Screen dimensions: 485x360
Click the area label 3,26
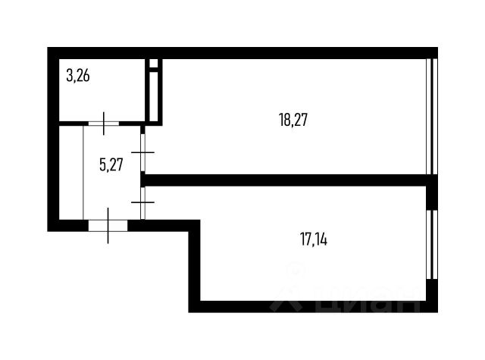(x=78, y=76)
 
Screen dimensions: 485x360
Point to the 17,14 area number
(x=313, y=240)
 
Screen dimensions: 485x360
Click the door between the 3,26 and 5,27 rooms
(x=103, y=121)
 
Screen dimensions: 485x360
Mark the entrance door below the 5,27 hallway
(x=108, y=224)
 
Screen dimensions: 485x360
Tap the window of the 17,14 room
(x=432, y=244)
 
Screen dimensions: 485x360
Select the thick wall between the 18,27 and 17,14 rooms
(x=288, y=180)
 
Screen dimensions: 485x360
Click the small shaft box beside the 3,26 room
(x=154, y=90)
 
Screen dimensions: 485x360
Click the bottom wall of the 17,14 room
(x=311, y=306)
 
